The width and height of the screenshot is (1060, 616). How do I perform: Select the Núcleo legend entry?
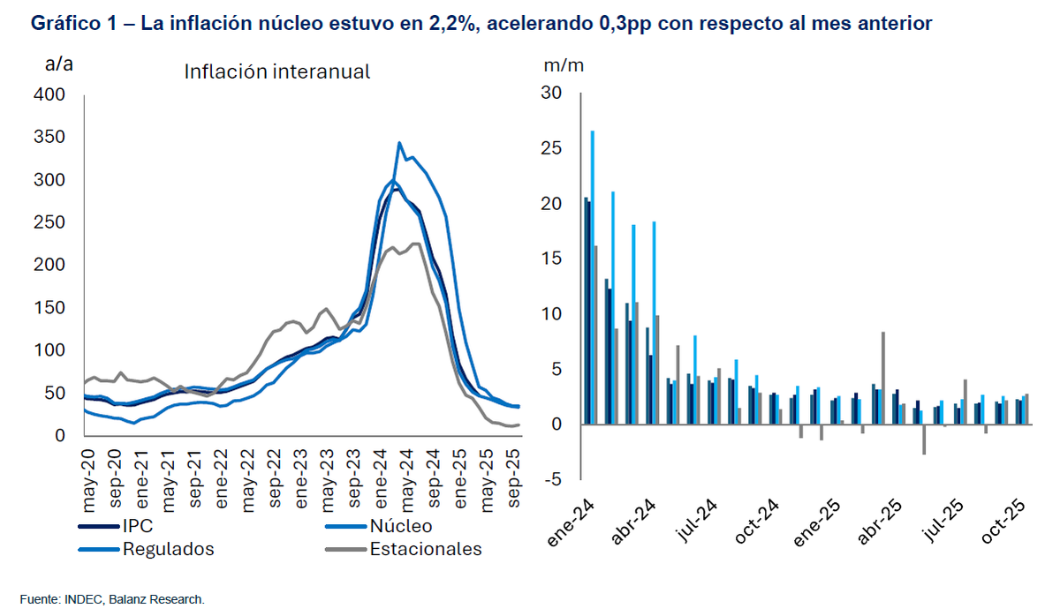click(x=401, y=527)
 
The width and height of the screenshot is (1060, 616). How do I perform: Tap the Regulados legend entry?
click(x=168, y=549)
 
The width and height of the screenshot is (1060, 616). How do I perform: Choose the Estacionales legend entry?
click(x=426, y=549)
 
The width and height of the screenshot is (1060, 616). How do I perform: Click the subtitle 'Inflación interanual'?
click(x=276, y=71)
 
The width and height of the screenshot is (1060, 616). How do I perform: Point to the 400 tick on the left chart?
click(x=49, y=94)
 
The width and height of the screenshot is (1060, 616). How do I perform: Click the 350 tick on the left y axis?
click(x=49, y=137)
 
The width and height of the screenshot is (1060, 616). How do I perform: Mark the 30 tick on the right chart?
click(x=551, y=94)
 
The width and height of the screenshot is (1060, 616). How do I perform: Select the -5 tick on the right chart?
click(x=553, y=480)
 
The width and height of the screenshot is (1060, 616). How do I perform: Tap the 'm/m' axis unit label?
click(x=564, y=64)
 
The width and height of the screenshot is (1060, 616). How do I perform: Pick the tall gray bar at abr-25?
click(x=883, y=378)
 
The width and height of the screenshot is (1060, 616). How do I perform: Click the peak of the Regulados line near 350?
click(x=399, y=143)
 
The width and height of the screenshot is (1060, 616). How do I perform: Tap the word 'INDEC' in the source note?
click(x=85, y=600)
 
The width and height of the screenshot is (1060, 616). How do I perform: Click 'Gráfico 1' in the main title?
click(x=70, y=24)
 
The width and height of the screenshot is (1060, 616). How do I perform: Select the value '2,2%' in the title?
click(x=451, y=24)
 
